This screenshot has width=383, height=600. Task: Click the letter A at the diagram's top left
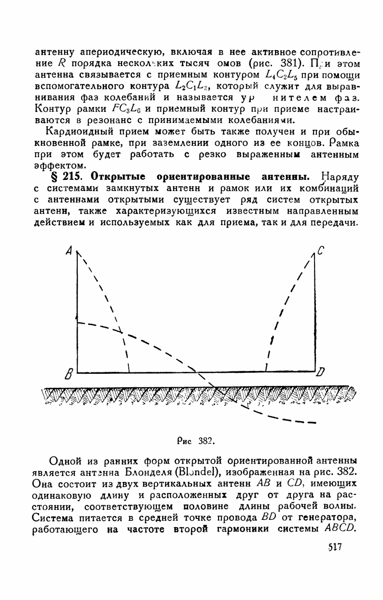click(69, 251)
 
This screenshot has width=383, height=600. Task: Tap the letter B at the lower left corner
click(68, 374)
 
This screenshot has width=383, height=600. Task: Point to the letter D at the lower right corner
click(321, 372)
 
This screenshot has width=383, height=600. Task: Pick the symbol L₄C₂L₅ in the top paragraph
click(279, 74)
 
